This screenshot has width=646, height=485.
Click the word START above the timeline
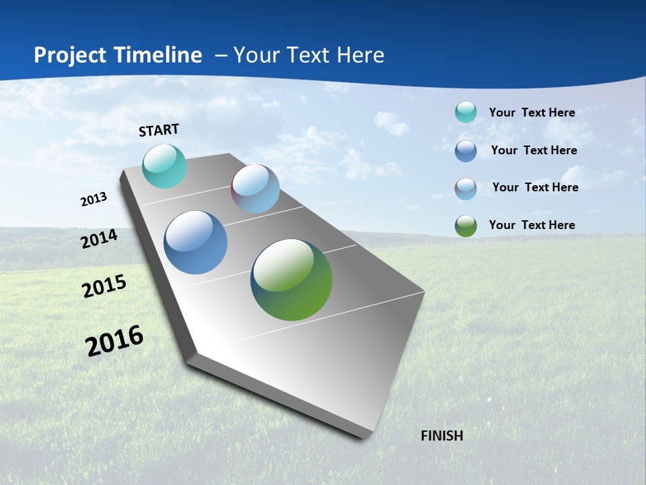click(159, 129)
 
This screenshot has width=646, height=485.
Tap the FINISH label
click(441, 436)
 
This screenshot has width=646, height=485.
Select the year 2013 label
click(94, 199)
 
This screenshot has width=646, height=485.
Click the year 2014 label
click(100, 238)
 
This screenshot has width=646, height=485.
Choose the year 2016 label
click(114, 340)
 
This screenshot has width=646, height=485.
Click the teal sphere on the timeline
click(164, 166)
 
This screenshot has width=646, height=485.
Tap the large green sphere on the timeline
click(291, 280)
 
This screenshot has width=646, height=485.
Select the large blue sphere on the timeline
click(195, 243)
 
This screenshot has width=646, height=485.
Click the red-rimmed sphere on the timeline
click(255, 189)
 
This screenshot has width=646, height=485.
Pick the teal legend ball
click(466, 112)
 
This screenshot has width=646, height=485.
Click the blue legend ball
click(466, 150)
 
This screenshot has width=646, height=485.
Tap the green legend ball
click(466, 225)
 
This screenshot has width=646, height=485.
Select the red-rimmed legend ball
click(466, 188)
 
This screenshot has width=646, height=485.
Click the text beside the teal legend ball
click(532, 112)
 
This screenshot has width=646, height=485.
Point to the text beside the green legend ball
click(532, 225)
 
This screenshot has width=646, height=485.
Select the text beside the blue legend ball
click(534, 150)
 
